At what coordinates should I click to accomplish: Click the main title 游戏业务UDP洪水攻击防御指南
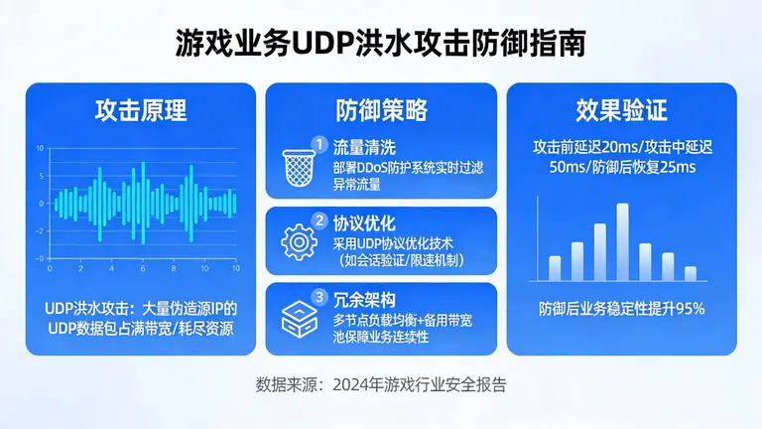(x=380, y=43)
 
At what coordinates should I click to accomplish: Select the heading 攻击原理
(x=141, y=109)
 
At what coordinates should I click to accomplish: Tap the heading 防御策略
(x=381, y=109)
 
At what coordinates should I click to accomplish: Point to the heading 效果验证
(x=621, y=109)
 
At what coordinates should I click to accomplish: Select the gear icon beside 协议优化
(x=298, y=241)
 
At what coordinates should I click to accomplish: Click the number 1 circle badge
(x=319, y=144)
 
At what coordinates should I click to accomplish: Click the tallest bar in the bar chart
(x=622, y=242)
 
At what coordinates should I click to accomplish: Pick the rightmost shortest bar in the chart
(x=691, y=273)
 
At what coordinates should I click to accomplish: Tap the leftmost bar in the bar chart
(x=555, y=268)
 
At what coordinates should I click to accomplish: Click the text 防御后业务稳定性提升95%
(x=621, y=308)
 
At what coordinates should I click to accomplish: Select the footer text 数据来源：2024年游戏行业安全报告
(x=381, y=383)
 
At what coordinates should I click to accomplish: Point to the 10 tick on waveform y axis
(x=40, y=148)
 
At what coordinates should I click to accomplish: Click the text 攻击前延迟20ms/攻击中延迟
(x=621, y=148)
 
